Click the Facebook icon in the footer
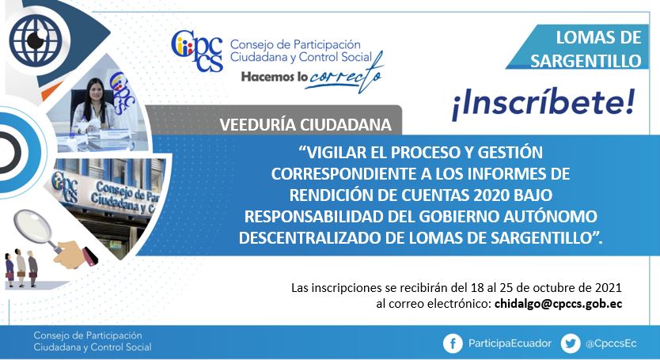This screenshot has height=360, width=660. point(453,343)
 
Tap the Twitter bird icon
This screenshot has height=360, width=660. point(571,343)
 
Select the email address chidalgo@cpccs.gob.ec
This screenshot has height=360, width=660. point(558,304)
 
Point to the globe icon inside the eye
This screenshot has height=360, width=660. point(36,40)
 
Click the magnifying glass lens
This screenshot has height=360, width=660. point(32,228)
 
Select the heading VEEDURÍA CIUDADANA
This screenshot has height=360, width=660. point(305,125)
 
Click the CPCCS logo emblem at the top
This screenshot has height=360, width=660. point(197,51)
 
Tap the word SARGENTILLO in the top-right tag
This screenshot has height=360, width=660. point(586,61)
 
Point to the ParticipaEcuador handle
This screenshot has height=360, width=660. point(510,343)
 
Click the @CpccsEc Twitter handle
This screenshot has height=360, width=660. point(611,343)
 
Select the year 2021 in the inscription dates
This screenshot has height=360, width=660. point(609,287)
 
